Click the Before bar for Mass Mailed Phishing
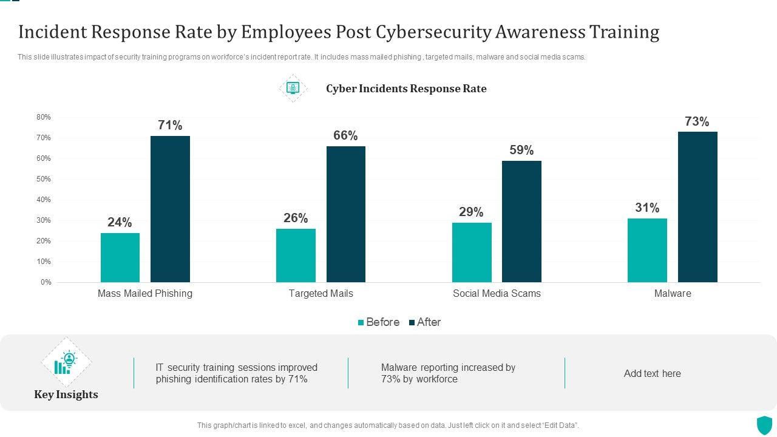[120, 257]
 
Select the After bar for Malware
[697, 207]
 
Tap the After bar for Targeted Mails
[346, 214]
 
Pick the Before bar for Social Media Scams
[472, 252]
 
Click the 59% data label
[521, 150]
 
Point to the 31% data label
[647, 208]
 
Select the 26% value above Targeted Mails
[296, 218]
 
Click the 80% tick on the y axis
[44, 117]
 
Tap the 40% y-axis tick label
[44, 200]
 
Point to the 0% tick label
[46, 282]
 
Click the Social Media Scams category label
[497, 294]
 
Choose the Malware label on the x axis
[673, 294]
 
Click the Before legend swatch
[361, 323]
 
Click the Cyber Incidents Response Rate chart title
[406, 89]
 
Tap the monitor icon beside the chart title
[293, 88]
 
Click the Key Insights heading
[66, 395]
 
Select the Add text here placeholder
[652, 374]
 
